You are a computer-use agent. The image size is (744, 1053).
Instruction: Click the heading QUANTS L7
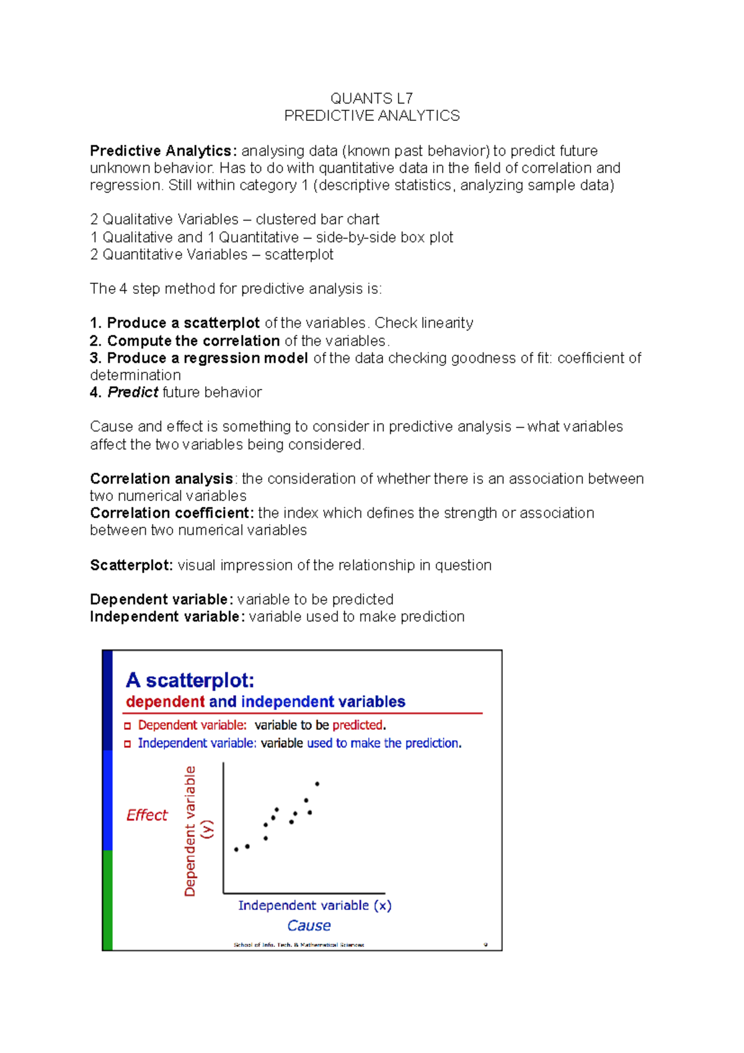click(371, 99)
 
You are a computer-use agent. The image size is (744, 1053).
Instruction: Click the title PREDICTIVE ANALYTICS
click(371, 116)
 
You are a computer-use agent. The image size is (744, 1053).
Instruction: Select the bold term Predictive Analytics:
click(163, 151)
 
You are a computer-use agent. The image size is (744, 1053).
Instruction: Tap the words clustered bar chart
click(317, 220)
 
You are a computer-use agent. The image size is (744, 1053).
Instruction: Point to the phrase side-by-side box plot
click(384, 238)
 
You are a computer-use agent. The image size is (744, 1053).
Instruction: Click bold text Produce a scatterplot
click(183, 323)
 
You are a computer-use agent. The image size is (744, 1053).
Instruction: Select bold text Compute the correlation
click(193, 341)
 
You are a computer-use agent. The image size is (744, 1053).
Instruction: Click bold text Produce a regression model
click(207, 358)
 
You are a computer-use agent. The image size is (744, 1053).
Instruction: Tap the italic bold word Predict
click(133, 393)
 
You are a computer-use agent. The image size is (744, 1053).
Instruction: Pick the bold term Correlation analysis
click(161, 479)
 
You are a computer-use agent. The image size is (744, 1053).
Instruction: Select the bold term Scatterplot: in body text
click(131, 566)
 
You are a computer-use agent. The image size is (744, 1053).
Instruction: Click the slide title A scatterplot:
click(190, 680)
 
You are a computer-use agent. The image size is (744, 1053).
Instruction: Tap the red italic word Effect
click(147, 815)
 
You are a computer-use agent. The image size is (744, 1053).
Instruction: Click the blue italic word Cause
click(309, 926)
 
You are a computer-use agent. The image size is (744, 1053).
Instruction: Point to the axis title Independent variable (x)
click(314, 905)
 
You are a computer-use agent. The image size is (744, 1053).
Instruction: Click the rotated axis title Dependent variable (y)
click(196, 831)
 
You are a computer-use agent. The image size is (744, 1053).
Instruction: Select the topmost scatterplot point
click(317, 784)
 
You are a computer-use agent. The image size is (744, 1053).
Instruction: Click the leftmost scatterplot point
click(236, 850)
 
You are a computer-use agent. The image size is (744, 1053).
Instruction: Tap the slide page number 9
click(485, 945)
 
